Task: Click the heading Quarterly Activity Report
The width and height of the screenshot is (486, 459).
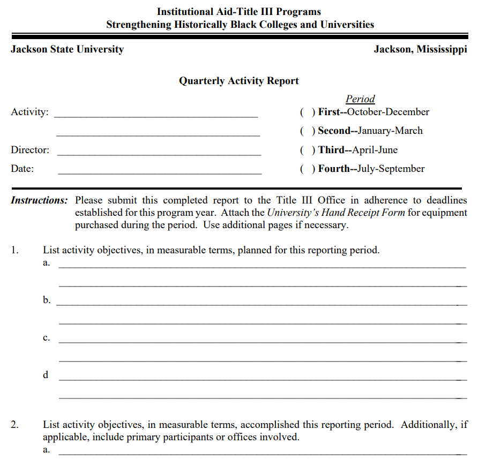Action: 238,81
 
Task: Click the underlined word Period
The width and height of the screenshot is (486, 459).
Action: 360,99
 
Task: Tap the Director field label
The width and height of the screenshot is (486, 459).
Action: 30,150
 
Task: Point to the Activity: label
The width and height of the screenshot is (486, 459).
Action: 29,112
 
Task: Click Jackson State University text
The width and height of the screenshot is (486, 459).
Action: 67,49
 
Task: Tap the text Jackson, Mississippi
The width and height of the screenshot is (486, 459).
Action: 420,49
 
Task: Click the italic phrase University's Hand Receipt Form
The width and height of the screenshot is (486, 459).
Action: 336,213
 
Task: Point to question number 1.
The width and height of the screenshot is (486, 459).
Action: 15,250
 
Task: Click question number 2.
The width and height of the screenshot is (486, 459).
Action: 15,425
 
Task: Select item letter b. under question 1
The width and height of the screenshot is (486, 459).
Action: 47,300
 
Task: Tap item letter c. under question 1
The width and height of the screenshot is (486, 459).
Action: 47,337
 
